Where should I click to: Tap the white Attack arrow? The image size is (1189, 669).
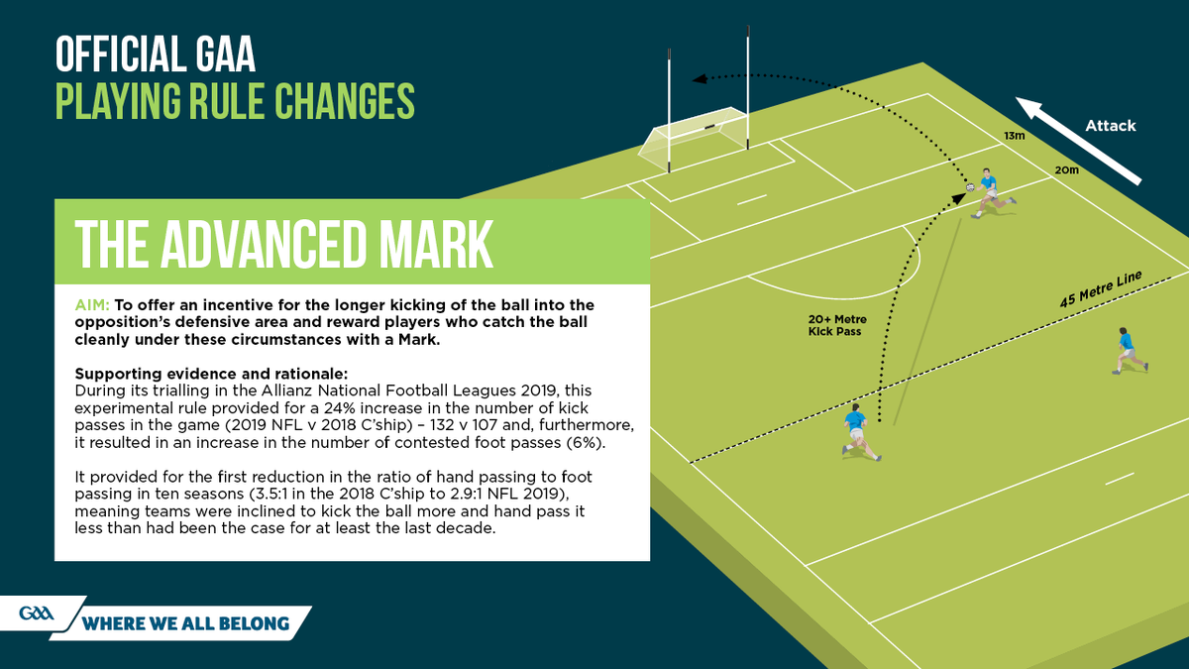(1079, 140)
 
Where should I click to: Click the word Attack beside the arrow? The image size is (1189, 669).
(1110, 126)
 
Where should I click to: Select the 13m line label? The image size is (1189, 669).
(1013, 135)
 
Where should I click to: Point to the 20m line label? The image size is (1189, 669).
(1066, 170)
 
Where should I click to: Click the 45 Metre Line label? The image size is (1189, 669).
(1100, 287)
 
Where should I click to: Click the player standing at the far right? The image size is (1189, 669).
(1128, 350)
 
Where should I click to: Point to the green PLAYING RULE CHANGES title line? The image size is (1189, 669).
(234, 101)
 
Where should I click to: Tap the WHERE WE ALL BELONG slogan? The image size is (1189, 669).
(186, 623)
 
